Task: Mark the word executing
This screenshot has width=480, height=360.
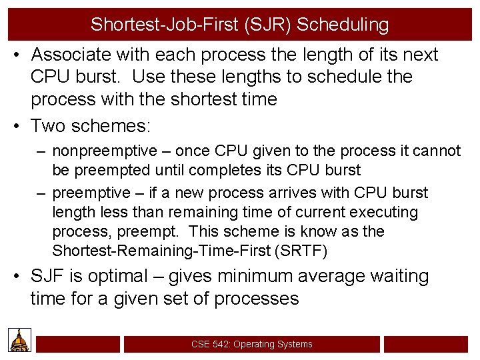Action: [385, 213]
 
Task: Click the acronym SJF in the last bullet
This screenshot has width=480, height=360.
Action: [48, 276]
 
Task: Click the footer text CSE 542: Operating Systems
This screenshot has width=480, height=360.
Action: [251, 344]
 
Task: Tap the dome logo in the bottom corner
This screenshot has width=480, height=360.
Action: [20, 340]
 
